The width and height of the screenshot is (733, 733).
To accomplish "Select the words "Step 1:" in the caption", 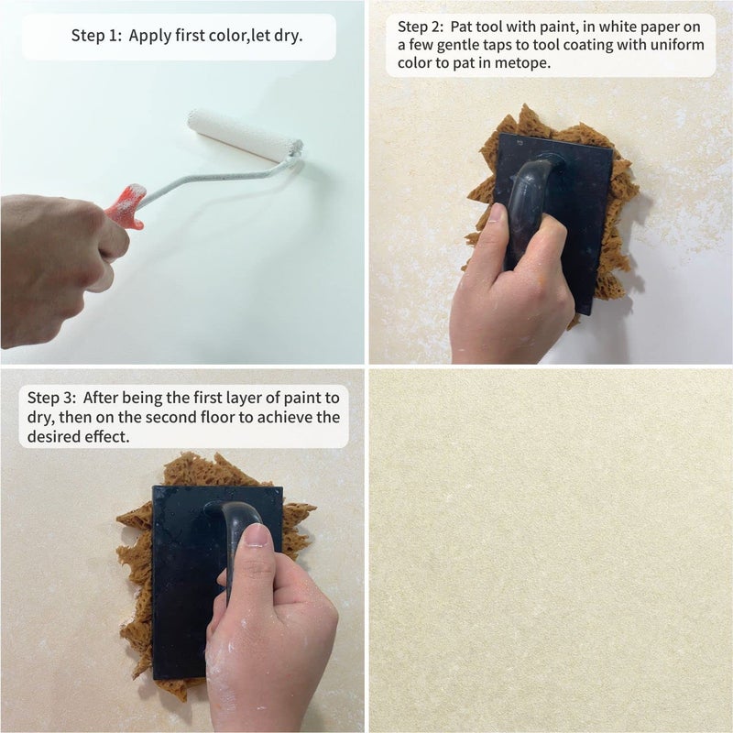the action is coord(96,36).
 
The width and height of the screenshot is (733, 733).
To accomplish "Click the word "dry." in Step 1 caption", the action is coord(289,37).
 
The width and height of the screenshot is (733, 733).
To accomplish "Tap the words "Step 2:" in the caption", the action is coord(421,27).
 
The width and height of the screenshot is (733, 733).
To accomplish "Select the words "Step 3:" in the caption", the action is coord(51,398).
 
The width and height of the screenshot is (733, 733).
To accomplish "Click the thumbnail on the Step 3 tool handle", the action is coord(257,536).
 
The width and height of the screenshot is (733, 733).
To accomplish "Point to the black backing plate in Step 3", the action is coord(187,585).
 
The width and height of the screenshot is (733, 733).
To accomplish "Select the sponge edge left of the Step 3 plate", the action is coord(137,585).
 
